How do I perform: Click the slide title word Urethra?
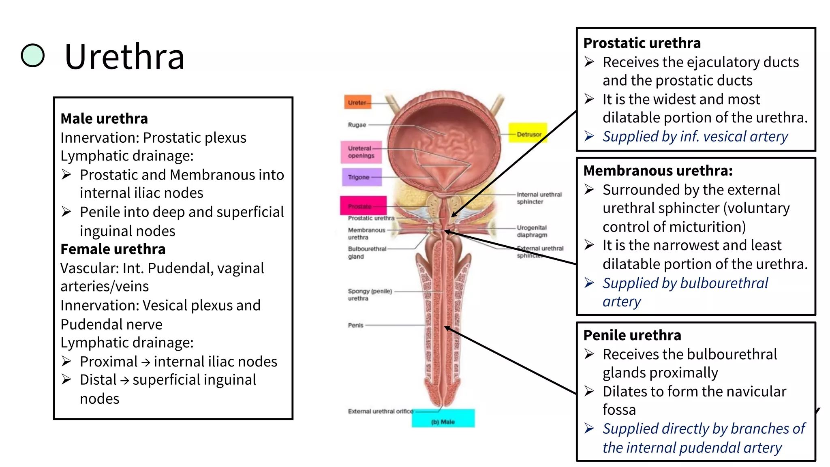[x=124, y=57]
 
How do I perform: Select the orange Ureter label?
[x=357, y=103]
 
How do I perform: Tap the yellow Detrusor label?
[x=528, y=133]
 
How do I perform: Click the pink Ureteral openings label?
[x=361, y=152]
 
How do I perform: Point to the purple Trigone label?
[x=361, y=177]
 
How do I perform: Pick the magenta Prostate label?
[x=362, y=206]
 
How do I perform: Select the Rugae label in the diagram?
[x=357, y=125]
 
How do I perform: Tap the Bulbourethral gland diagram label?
[x=366, y=253]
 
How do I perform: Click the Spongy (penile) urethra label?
[x=369, y=295]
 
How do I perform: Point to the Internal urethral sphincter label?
[x=539, y=198]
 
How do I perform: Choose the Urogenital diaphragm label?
[x=532, y=231]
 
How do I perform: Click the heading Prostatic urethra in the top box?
[x=642, y=43]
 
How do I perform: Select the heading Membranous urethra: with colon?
[x=658, y=171]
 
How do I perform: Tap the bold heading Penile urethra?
[x=632, y=335]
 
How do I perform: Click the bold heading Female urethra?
[x=113, y=249]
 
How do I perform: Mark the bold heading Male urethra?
[x=104, y=118]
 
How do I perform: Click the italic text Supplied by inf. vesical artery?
[x=695, y=137]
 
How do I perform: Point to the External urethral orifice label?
[x=380, y=411]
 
